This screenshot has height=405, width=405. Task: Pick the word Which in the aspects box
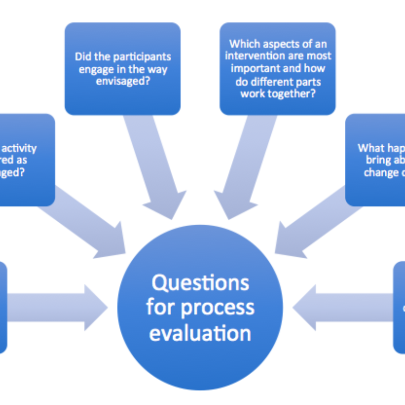[x=244, y=45]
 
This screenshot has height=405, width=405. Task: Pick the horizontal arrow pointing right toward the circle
[x=56, y=307]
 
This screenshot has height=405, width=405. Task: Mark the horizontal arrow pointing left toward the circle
[x=344, y=307]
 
